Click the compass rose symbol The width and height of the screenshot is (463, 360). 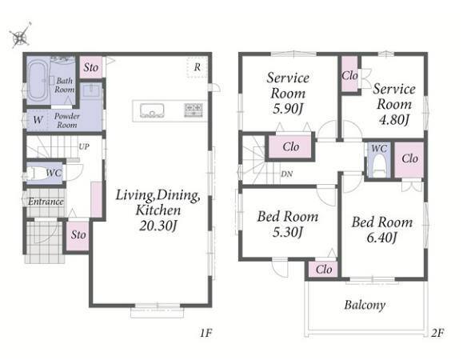pyautogui.click(x=20, y=35)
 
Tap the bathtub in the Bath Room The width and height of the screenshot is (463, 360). pyautogui.click(x=38, y=79)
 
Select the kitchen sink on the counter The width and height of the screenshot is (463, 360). pyautogui.click(x=152, y=110)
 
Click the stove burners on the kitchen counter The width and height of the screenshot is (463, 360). pyautogui.click(x=194, y=110)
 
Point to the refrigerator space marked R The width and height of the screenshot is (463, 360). pyautogui.click(x=198, y=67)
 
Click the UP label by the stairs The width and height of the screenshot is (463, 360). pyautogui.click(x=84, y=146)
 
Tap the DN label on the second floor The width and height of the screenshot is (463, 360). pyautogui.click(x=287, y=174)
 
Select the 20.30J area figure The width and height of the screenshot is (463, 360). pyautogui.click(x=158, y=226)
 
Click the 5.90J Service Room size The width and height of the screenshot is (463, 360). pyautogui.click(x=288, y=109)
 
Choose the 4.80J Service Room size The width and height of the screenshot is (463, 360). pyautogui.click(x=394, y=120)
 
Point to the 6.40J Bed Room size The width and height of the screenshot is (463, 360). pyautogui.click(x=381, y=238)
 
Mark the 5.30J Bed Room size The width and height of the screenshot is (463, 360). pyautogui.click(x=288, y=232)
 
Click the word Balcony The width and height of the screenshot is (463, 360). pyautogui.click(x=365, y=305)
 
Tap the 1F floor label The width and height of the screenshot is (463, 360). pyautogui.click(x=206, y=333)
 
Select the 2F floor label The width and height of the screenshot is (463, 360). pyautogui.click(x=437, y=333)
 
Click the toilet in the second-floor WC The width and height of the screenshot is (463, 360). pyautogui.click(x=379, y=166)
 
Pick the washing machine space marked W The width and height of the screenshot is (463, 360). pyautogui.click(x=38, y=120)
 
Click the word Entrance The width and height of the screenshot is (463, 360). pyautogui.click(x=46, y=202)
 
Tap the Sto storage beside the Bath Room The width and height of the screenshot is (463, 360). pyautogui.click(x=91, y=67)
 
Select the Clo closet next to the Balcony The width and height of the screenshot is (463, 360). pyautogui.click(x=324, y=270)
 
